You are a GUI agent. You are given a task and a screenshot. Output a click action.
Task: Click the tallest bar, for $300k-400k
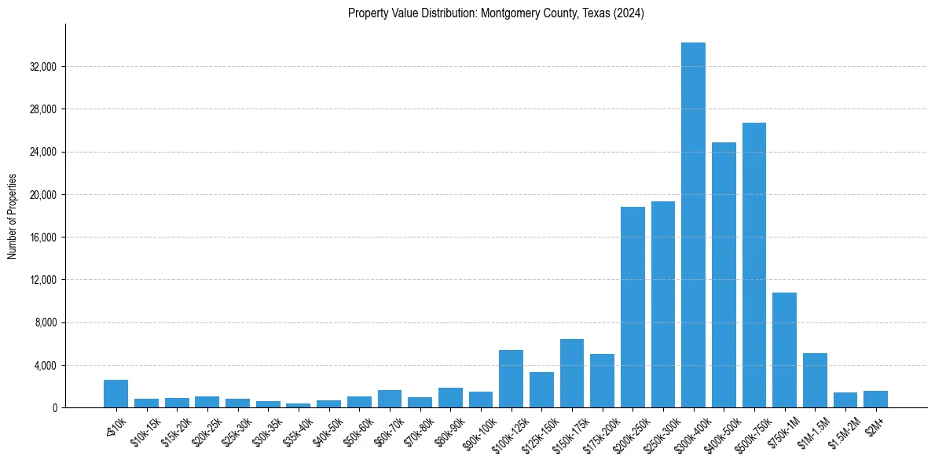point(693,225)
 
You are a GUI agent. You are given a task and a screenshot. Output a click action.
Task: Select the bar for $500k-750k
point(753,265)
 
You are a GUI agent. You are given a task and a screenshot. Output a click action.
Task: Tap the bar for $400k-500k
point(724,274)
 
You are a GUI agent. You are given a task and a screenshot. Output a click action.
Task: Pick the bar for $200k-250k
point(632,307)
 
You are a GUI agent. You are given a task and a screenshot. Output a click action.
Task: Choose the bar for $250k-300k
point(662,304)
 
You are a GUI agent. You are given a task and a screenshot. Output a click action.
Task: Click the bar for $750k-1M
point(784,350)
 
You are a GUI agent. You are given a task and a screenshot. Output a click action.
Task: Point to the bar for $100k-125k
point(511,378)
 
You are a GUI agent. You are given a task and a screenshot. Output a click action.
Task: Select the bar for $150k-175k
point(571,373)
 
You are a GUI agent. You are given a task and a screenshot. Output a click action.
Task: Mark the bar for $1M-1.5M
point(815,380)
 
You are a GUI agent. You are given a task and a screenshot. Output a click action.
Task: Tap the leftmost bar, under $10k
point(115,393)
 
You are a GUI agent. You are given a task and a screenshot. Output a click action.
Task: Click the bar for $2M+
point(875,399)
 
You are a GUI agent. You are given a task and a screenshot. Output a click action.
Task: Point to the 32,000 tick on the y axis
point(43,67)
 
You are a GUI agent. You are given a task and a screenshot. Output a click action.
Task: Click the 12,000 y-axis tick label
point(43,280)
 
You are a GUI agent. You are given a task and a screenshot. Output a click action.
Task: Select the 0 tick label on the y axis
point(54,408)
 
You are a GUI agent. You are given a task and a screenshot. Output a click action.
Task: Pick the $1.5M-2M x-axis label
point(842,431)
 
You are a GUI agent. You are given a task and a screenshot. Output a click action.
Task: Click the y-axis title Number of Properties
point(12,215)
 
